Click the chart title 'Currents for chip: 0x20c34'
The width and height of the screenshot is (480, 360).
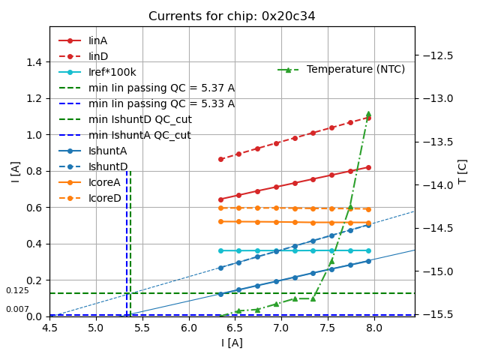click(x=232, y=16)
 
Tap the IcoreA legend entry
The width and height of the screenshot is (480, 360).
click(x=104, y=182)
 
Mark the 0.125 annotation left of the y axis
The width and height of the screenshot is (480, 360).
click(x=17, y=291)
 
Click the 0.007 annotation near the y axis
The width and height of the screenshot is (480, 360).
click(x=17, y=310)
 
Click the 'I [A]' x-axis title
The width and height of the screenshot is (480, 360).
click(x=232, y=343)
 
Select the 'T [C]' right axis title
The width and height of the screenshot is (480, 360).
click(x=463, y=171)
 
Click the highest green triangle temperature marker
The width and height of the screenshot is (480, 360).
click(x=368, y=114)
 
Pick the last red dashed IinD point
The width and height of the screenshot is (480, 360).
click(x=368, y=118)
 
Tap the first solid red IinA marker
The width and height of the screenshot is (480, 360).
click(x=220, y=199)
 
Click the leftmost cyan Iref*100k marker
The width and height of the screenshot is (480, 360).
click(x=220, y=250)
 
